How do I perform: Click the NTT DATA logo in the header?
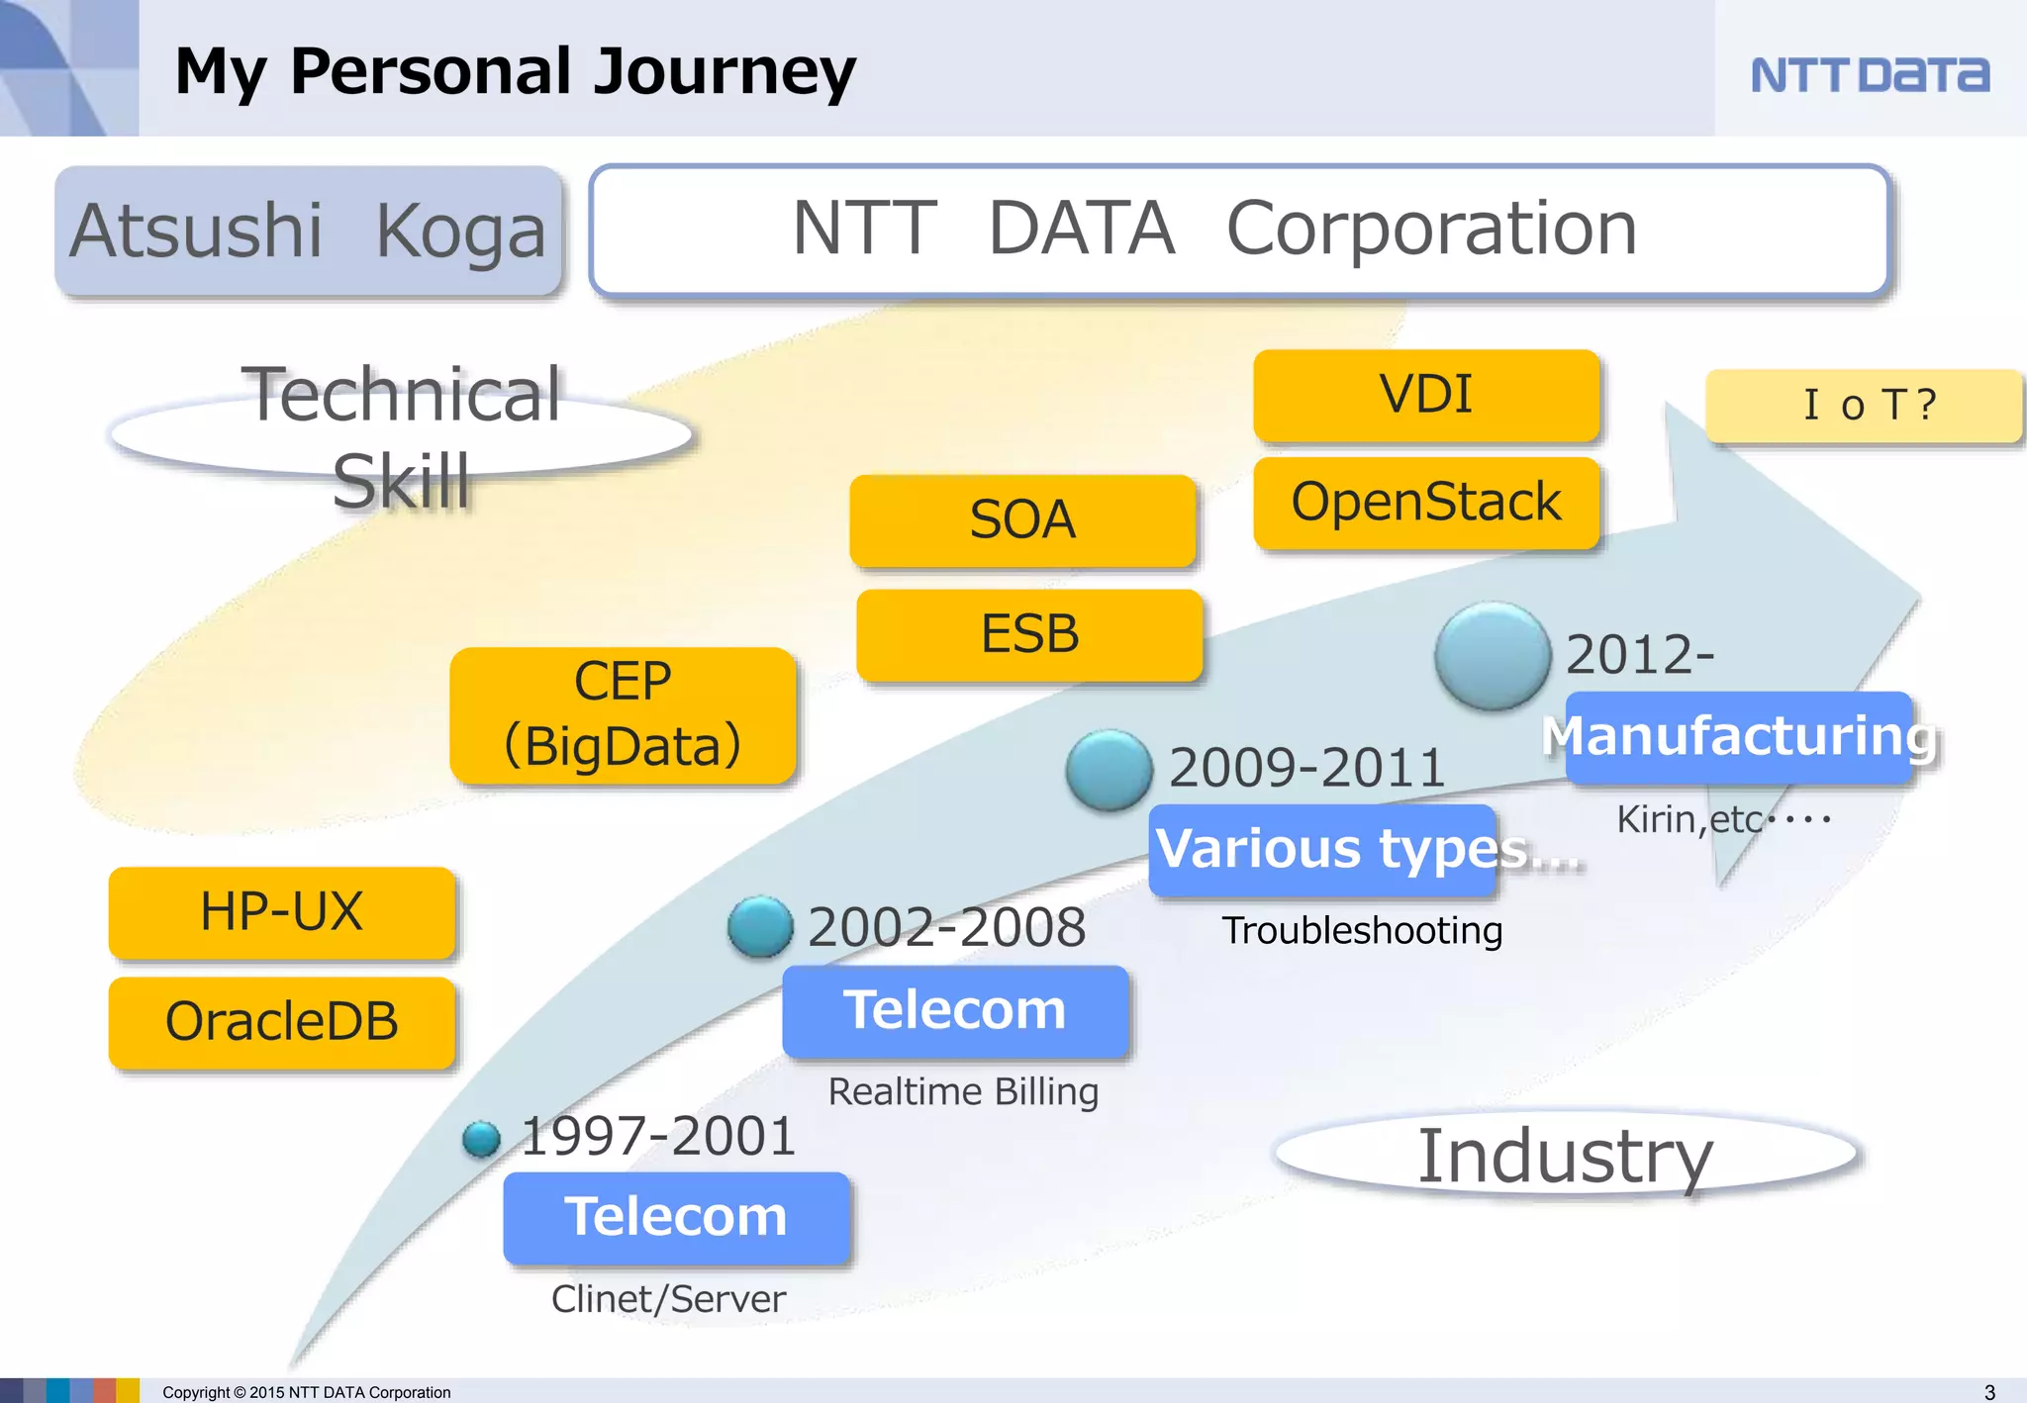(x=1869, y=75)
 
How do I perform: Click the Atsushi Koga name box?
(x=308, y=231)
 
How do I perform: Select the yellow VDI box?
(x=1425, y=395)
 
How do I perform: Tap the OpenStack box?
(x=1425, y=502)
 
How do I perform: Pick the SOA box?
(x=1022, y=520)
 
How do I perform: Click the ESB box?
(x=1029, y=634)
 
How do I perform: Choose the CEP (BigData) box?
(x=623, y=714)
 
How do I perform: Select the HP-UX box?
(x=282, y=911)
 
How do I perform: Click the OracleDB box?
(x=282, y=1022)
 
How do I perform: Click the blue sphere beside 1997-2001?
(x=482, y=1138)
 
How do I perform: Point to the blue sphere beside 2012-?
(x=1492, y=655)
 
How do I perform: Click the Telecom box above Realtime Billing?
(x=955, y=1010)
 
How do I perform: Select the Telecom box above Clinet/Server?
(x=676, y=1217)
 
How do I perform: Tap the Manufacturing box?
(x=1738, y=737)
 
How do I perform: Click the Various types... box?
(x=1324, y=850)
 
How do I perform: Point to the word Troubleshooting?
(x=1362, y=931)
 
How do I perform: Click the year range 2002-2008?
(x=946, y=928)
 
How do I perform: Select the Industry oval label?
(x=1565, y=1156)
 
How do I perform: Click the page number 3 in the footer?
(x=1989, y=1391)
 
